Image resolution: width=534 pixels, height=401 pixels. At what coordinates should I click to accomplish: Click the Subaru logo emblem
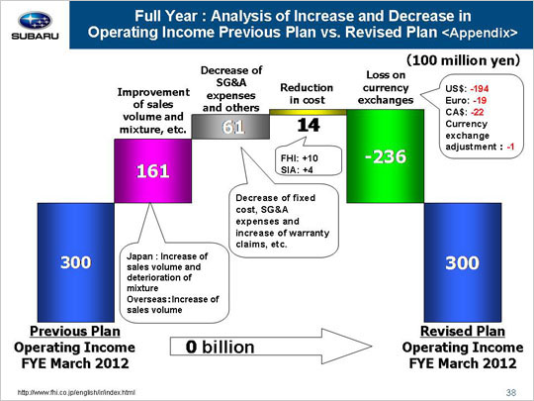click(35, 21)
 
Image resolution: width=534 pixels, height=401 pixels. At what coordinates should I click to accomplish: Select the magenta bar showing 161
click(153, 171)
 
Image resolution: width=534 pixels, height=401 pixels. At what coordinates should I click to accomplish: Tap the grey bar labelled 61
click(230, 127)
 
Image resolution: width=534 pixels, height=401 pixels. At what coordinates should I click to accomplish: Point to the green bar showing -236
click(386, 156)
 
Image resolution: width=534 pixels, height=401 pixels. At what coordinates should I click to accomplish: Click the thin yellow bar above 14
click(308, 112)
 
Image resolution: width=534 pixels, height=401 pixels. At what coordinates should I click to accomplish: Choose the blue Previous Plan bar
click(76, 262)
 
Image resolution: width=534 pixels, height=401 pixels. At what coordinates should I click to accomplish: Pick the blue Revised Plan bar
click(463, 262)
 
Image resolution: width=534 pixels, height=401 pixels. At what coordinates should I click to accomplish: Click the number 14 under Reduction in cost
click(309, 125)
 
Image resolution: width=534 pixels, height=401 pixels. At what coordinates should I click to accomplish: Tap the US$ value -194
click(480, 89)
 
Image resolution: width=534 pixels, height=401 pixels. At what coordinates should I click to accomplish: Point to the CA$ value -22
click(478, 112)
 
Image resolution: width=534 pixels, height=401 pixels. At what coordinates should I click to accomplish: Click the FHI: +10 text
click(300, 158)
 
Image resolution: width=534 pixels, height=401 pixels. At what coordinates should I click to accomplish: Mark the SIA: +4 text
click(297, 170)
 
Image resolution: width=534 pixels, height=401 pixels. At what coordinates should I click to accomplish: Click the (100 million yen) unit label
click(463, 60)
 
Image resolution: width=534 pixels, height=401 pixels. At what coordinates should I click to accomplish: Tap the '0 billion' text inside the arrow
click(220, 348)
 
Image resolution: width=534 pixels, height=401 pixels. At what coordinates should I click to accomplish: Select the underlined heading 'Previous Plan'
click(75, 331)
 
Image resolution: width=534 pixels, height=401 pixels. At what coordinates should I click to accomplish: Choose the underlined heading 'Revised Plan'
click(463, 331)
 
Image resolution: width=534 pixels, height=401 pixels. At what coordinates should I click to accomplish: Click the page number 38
click(511, 393)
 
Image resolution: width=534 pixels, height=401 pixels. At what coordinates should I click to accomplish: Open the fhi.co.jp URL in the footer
click(76, 392)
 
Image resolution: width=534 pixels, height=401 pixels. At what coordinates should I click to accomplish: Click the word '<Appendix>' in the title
click(480, 33)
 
